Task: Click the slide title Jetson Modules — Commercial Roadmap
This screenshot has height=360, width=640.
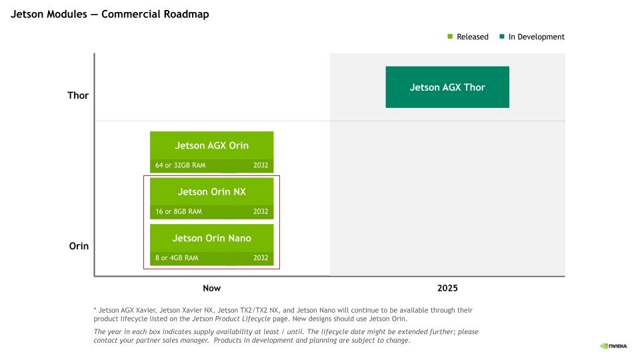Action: [110, 14]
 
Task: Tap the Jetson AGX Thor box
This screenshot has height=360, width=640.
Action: [447, 87]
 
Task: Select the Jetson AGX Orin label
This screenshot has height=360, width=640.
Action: [211, 146]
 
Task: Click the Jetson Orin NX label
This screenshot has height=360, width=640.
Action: [211, 192]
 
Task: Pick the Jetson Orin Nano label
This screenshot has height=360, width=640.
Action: [211, 239]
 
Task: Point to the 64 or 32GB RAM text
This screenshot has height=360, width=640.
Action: [181, 165]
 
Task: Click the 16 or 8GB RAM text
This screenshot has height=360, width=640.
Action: [179, 211]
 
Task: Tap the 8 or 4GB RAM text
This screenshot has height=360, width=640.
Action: [177, 258]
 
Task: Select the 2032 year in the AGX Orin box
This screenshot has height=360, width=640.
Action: [261, 165]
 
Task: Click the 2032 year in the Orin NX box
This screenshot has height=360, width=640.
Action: [261, 211]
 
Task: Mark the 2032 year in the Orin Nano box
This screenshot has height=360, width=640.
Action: [261, 258]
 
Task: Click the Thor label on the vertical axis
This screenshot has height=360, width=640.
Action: [78, 95]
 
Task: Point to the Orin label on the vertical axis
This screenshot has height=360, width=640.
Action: [79, 246]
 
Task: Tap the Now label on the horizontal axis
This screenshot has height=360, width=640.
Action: [212, 288]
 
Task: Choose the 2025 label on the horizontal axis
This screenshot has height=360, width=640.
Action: [447, 288]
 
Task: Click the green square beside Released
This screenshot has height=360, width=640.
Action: [450, 36]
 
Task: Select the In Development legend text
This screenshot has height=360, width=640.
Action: [536, 37]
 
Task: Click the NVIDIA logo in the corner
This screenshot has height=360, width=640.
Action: [613, 346]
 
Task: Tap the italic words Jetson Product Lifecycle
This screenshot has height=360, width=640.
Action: [231, 319]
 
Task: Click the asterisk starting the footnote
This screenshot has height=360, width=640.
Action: [95, 309]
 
